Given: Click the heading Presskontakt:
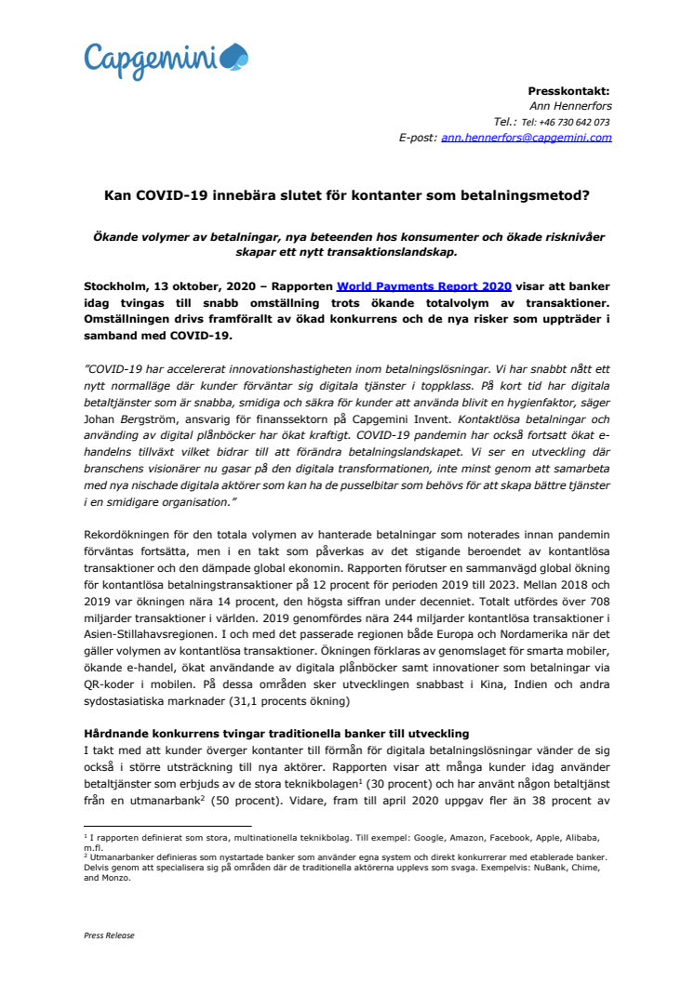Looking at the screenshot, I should click(x=569, y=90).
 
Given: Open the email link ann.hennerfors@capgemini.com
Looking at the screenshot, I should click(x=527, y=138).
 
